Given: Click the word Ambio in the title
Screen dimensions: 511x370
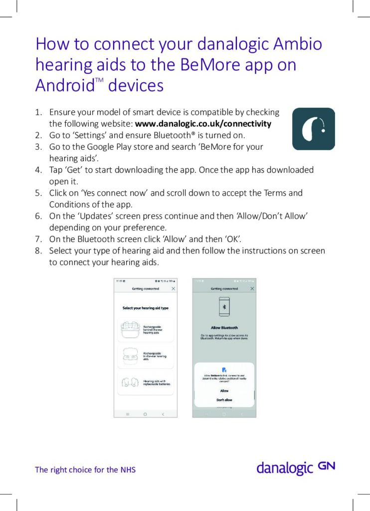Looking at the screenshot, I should tap(297, 44).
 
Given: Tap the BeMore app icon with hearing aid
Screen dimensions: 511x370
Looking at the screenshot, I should tap(313, 129).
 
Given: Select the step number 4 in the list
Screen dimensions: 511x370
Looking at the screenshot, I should tap(38, 170).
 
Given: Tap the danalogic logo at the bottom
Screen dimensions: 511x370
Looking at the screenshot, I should tap(285, 468).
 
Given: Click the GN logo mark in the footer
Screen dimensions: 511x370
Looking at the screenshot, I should tap(326, 466).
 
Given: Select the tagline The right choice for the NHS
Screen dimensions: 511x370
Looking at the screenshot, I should tap(85, 470).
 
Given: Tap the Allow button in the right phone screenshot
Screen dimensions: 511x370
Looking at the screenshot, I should tap(224, 391).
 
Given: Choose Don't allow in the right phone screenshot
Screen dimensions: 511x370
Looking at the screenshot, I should tap(224, 400).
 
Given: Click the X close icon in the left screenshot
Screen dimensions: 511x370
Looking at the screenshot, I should tap(173, 289).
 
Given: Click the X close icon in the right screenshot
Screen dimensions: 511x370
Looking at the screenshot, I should tap(252, 289).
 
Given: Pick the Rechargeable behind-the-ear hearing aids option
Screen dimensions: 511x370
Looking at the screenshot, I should tap(145, 329).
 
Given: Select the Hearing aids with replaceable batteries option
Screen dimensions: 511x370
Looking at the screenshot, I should tap(145, 383).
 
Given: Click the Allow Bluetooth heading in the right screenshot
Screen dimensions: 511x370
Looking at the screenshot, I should tap(224, 328).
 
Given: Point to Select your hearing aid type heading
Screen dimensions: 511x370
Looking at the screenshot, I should tap(146, 308).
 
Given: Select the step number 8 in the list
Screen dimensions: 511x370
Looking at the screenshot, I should tap(38, 251).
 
